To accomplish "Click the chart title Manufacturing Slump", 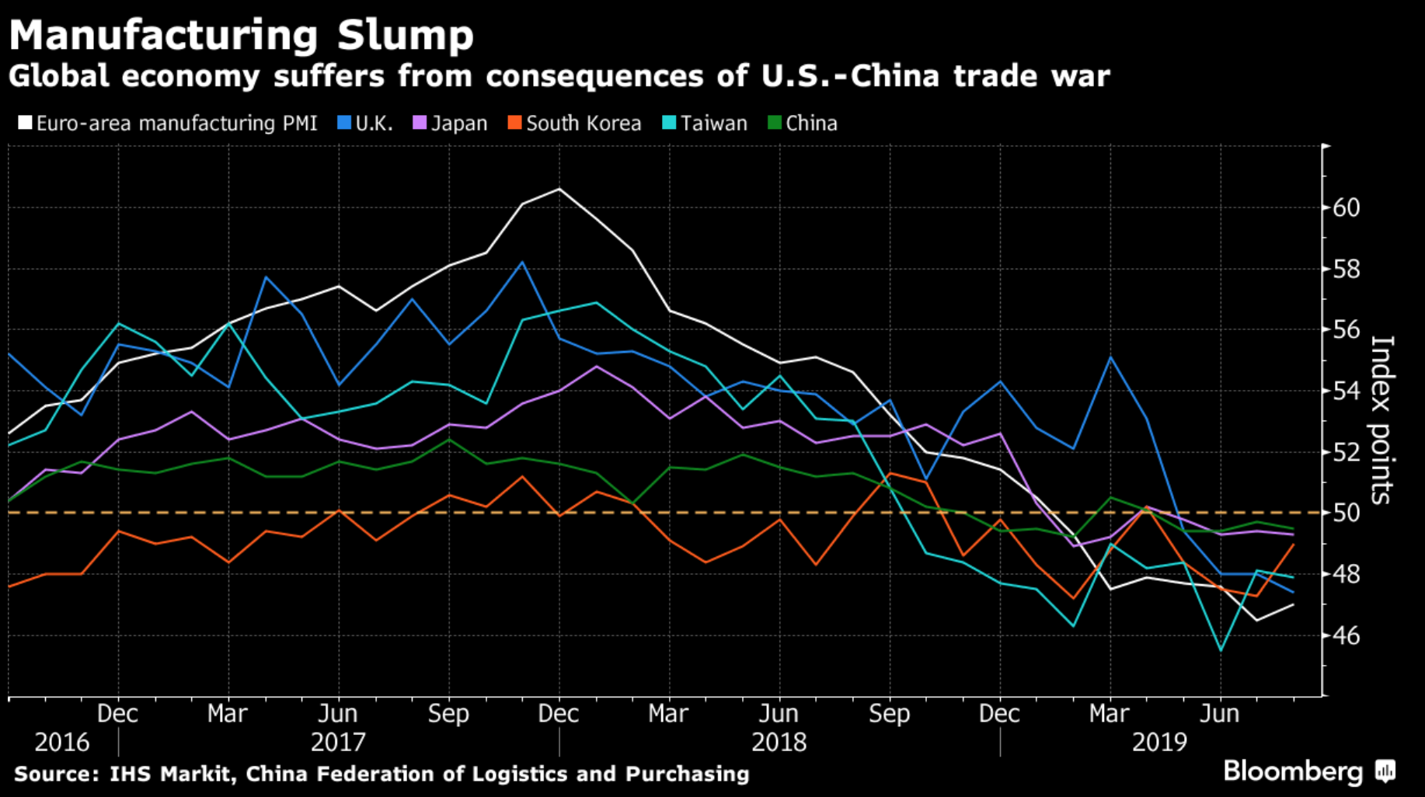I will [241, 35].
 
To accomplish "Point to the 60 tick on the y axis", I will [1345, 207].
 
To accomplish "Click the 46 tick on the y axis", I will [1345, 635].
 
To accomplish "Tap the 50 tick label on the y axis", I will [1345, 513].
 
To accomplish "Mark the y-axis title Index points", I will [1381, 419].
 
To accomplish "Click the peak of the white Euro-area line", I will [559, 189].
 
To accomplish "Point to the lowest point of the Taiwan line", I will [1221, 650].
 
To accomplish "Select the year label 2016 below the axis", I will [62, 743].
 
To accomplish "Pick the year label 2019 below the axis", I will [1159, 743].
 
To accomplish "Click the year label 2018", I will [779, 743].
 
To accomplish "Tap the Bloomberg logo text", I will [1293, 771].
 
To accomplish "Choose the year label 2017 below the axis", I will [338, 743].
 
